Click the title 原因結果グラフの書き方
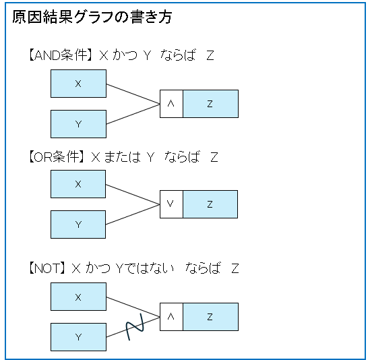[x=92, y=17]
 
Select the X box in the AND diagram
[x=78, y=84]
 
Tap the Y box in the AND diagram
[x=78, y=124]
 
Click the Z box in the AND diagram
[x=210, y=104]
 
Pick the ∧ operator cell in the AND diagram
[x=171, y=104]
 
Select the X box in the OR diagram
[x=78, y=184]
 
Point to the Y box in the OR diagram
[x=78, y=224]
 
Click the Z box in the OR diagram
[x=210, y=204]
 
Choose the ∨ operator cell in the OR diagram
[x=171, y=204]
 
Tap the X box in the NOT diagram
[x=78, y=297]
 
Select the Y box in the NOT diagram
[x=78, y=337]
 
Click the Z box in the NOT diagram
[x=210, y=317]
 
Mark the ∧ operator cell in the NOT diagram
[x=171, y=317]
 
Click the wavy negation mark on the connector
[x=135, y=327]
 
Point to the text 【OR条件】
[x=56, y=157]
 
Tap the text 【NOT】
[x=47, y=268]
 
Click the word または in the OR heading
[x=122, y=157]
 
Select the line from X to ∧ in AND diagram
[x=133, y=94]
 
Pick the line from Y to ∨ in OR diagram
[x=133, y=214]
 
